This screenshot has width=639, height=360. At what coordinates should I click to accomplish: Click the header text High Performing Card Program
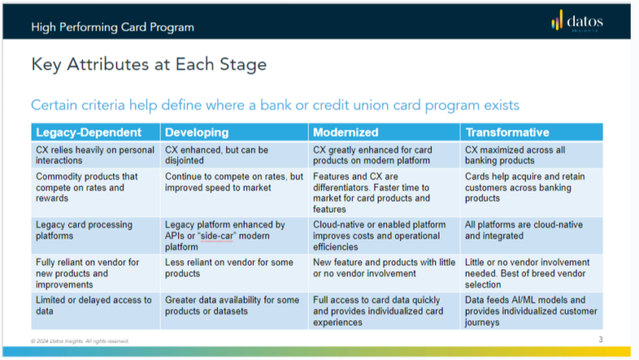click(112, 27)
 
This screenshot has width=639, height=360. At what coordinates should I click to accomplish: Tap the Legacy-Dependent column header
click(77, 132)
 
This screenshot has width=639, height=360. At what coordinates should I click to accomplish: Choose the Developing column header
click(196, 132)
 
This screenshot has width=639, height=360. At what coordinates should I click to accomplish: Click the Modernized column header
click(345, 132)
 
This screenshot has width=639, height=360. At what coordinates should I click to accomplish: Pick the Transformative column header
click(507, 132)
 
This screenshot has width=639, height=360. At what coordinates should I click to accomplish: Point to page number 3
click(601, 339)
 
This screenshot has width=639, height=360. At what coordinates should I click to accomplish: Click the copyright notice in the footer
click(80, 341)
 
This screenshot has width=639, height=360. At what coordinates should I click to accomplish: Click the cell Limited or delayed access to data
click(93, 305)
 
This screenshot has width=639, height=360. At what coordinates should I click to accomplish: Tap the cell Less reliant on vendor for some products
click(229, 268)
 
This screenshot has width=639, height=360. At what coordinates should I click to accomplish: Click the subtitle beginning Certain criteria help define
click(275, 105)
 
